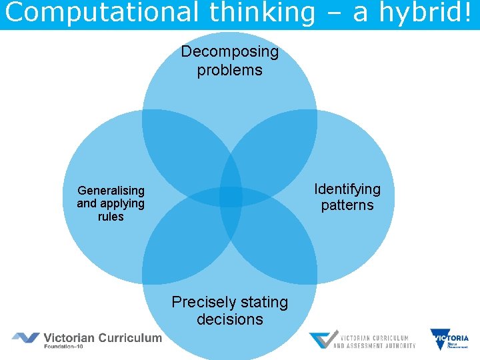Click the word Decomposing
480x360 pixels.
point(229,52)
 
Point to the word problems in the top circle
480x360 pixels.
point(229,70)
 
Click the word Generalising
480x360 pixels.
point(111,190)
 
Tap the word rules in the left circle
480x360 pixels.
point(111,217)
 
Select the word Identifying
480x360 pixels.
point(347,189)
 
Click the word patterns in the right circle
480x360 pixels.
point(347,205)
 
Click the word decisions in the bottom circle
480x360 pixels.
point(229,319)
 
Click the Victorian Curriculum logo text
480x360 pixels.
point(103,337)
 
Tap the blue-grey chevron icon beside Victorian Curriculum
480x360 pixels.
point(25,338)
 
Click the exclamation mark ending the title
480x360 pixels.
point(473,13)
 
